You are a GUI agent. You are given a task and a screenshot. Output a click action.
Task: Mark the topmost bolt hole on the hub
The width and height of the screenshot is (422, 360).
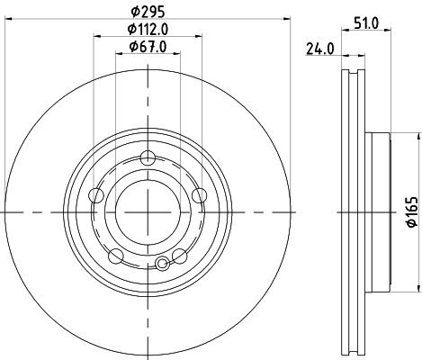(148, 160)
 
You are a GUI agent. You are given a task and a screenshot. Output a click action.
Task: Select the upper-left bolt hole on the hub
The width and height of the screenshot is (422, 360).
(98, 195)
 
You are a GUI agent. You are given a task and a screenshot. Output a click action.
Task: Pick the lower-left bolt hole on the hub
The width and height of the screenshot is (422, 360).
(115, 256)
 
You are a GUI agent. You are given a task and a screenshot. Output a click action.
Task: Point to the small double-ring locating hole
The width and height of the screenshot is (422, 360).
(162, 264)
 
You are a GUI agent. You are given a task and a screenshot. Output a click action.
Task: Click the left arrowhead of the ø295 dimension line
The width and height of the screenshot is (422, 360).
(4, 19)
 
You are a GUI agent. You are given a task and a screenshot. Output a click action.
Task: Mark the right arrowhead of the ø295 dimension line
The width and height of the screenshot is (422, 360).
(290, 19)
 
